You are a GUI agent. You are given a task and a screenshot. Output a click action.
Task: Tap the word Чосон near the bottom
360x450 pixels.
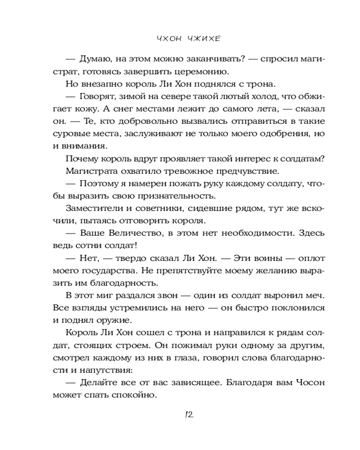pyautogui.click(x=310, y=383)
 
